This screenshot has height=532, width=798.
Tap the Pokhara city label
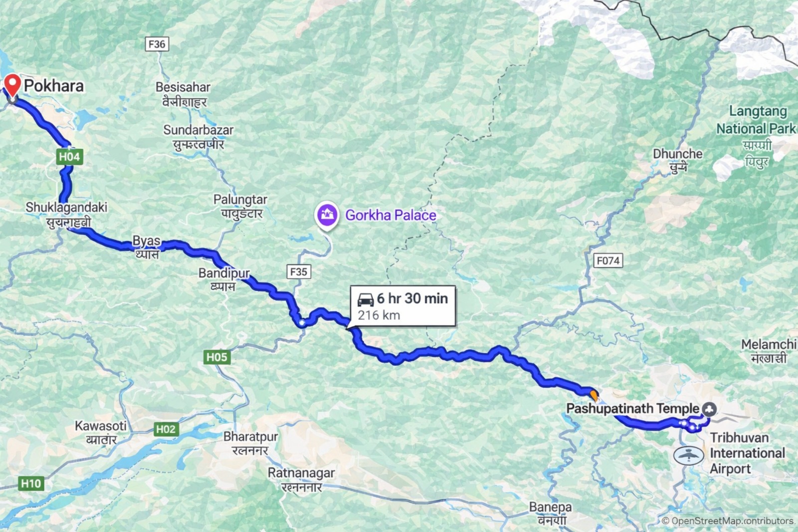[x=54, y=86]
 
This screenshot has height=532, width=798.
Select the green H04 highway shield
[x=69, y=157]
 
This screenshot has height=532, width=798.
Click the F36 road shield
[x=157, y=44]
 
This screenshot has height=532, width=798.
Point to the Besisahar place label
[x=183, y=87]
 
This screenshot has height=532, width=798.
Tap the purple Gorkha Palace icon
[x=326, y=215]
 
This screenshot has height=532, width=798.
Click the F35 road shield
[x=298, y=271]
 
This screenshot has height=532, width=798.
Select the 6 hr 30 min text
[x=412, y=298]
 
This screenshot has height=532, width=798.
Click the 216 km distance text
[x=379, y=315]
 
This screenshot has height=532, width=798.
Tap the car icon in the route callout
[x=366, y=299]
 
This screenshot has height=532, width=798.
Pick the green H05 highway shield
[x=216, y=357]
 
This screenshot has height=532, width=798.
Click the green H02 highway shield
[x=166, y=429]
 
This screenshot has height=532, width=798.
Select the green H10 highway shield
[x=31, y=483]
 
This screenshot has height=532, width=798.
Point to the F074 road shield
[x=608, y=261]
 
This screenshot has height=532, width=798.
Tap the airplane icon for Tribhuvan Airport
[x=688, y=455]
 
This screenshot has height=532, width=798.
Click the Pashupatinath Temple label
[x=632, y=409]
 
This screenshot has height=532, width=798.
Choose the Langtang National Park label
[x=756, y=120]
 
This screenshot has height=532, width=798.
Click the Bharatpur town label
[x=250, y=437]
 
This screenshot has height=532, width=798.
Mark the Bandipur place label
[x=224, y=273]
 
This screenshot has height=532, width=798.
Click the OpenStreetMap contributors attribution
[x=728, y=521]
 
